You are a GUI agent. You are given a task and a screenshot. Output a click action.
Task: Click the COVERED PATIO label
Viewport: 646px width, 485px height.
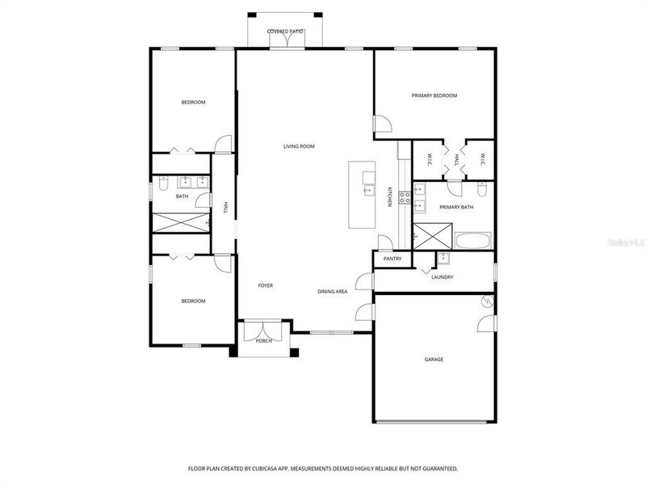coord(285,31)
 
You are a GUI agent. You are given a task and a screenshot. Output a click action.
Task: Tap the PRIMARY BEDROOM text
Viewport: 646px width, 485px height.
coord(434,95)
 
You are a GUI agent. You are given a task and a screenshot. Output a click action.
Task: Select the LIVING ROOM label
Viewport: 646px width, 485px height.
coord(298,146)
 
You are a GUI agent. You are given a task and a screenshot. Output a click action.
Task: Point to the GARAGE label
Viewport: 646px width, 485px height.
coord(434,359)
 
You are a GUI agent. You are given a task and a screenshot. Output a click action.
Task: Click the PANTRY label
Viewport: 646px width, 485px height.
coord(392,259)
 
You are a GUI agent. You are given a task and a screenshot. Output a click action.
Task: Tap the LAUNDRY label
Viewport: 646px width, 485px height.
coord(442,277)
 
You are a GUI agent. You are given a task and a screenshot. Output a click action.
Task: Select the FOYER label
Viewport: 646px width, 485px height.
coord(266,285)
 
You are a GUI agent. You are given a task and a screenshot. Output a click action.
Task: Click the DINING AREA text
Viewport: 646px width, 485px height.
coord(332,291)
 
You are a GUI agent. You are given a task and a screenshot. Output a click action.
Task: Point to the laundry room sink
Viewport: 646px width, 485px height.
coord(443,259)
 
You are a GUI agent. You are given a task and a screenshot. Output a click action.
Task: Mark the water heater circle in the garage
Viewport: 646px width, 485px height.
coord(486,301)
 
